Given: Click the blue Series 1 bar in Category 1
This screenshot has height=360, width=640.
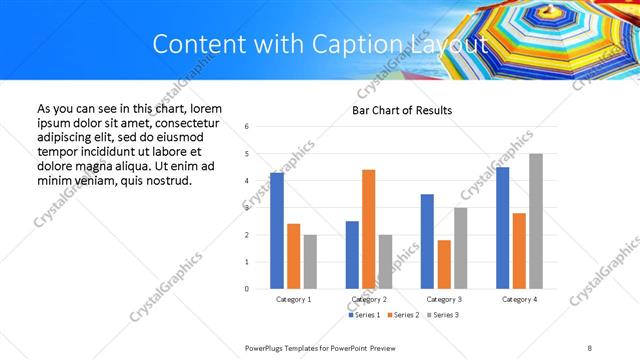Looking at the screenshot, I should click(x=276, y=231).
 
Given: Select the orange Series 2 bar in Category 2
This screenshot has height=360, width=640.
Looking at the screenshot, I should click(x=368, y=229).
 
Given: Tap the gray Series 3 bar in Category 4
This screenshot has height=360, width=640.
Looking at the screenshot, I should click(x=536, y=221).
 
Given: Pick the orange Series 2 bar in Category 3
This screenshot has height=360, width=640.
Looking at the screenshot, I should click(x=444, y=264).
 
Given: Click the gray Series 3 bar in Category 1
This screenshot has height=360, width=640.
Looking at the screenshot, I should click(x=310, y=262).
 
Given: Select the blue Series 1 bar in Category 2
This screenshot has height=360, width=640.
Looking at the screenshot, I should click(x=352, y=255).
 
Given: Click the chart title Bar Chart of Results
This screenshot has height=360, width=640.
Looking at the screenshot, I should click(x=402, y=110).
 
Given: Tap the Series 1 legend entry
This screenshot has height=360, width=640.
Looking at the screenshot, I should click(x=364, y=316).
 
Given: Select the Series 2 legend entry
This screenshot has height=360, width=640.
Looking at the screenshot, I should click(x=404, y=316).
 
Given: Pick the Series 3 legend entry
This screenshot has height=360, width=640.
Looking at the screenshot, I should click(x=444, y=316).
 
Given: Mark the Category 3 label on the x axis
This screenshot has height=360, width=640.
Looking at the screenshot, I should click(x=444, y=299).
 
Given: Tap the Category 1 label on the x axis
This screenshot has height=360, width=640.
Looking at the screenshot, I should click(x=293, y=299).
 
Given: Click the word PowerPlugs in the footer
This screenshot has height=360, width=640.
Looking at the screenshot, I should click(x=268, y=348).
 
